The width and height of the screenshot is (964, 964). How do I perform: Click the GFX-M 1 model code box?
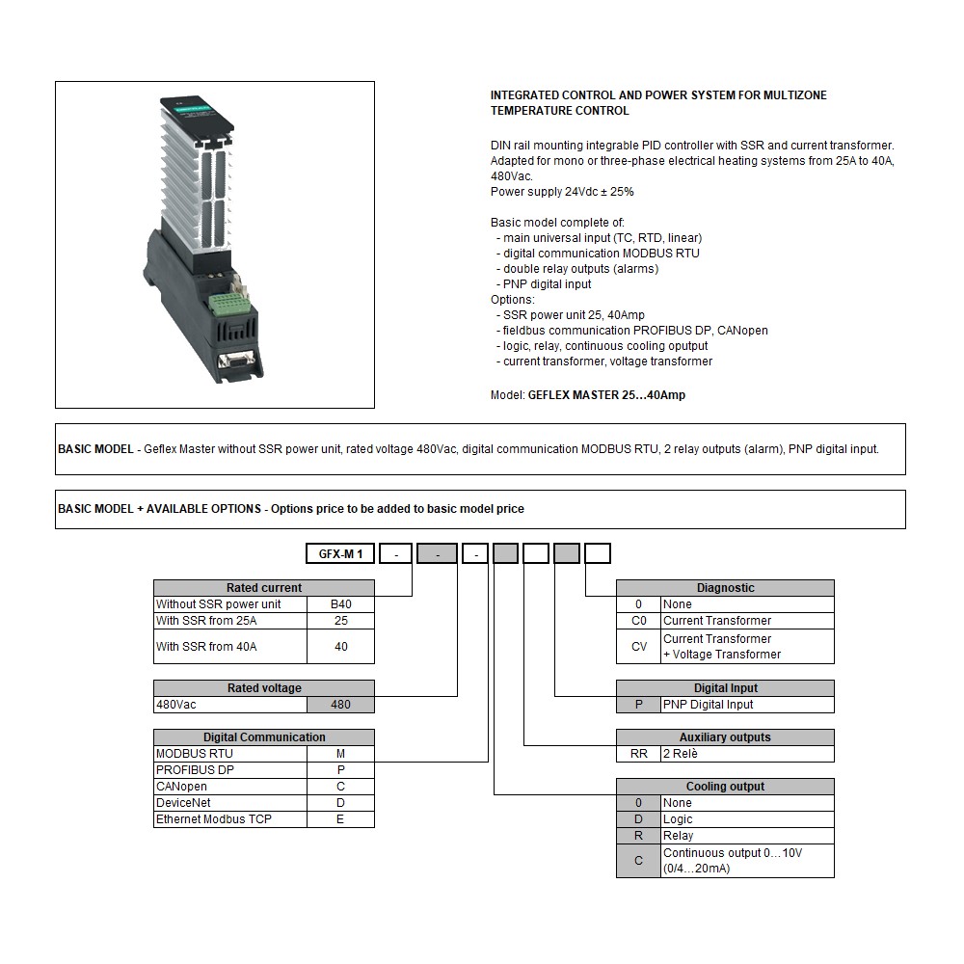click(x=340, y=554)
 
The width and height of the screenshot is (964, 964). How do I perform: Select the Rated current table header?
click(x=263, y=588)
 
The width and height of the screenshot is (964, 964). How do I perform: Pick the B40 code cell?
click(x=340, y=604)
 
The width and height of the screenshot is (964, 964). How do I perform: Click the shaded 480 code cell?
click(x=340, y=705)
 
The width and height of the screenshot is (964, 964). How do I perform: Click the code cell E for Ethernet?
click(x=340, y=819)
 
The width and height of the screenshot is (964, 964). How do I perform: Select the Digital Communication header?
click(x=263, y=737)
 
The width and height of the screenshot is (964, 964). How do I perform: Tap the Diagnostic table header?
click(x=725, y=588)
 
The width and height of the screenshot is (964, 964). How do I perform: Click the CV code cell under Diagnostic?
click(x=638, y=647)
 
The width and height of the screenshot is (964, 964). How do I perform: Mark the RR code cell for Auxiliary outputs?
click(x=638, y=754)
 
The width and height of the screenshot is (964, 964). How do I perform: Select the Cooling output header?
click(x=725, y=787)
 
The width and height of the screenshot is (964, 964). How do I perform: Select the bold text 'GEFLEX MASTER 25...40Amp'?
click(x=606, y=395)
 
